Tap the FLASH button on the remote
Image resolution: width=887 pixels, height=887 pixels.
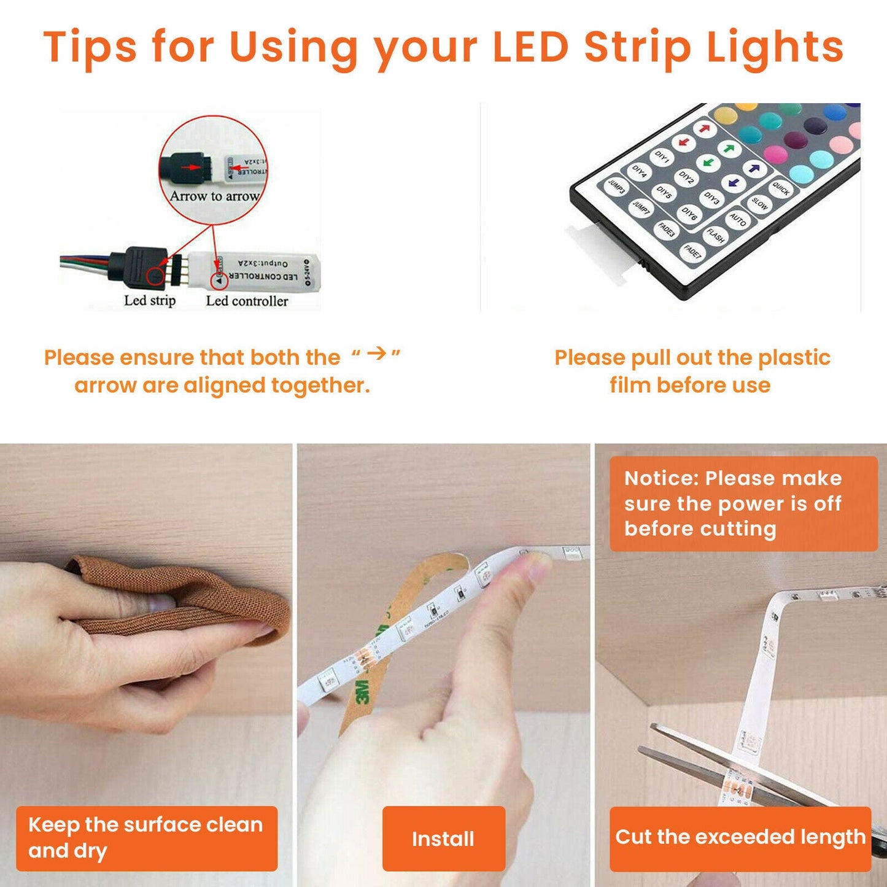coord(715,235)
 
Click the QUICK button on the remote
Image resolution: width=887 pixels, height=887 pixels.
coord(780,188)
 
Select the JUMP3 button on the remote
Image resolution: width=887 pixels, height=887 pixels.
coord(616,187)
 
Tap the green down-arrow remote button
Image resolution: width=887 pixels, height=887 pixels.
coord(708,163)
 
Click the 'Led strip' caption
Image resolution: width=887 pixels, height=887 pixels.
coord(150,301)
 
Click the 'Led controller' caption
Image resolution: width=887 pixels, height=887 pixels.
coord(247,301)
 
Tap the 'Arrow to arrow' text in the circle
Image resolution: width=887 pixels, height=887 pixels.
coord(214,196)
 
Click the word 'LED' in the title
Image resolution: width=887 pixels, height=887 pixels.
coord(531,47)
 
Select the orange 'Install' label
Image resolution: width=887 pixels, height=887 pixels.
coord(443,839)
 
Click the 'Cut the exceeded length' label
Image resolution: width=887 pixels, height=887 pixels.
coord(740,837)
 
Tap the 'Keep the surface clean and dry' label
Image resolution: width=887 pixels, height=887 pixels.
coord(146,837)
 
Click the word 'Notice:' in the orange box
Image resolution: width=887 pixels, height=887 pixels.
coord(660,478)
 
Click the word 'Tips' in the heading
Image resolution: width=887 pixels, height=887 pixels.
coord(90,47)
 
